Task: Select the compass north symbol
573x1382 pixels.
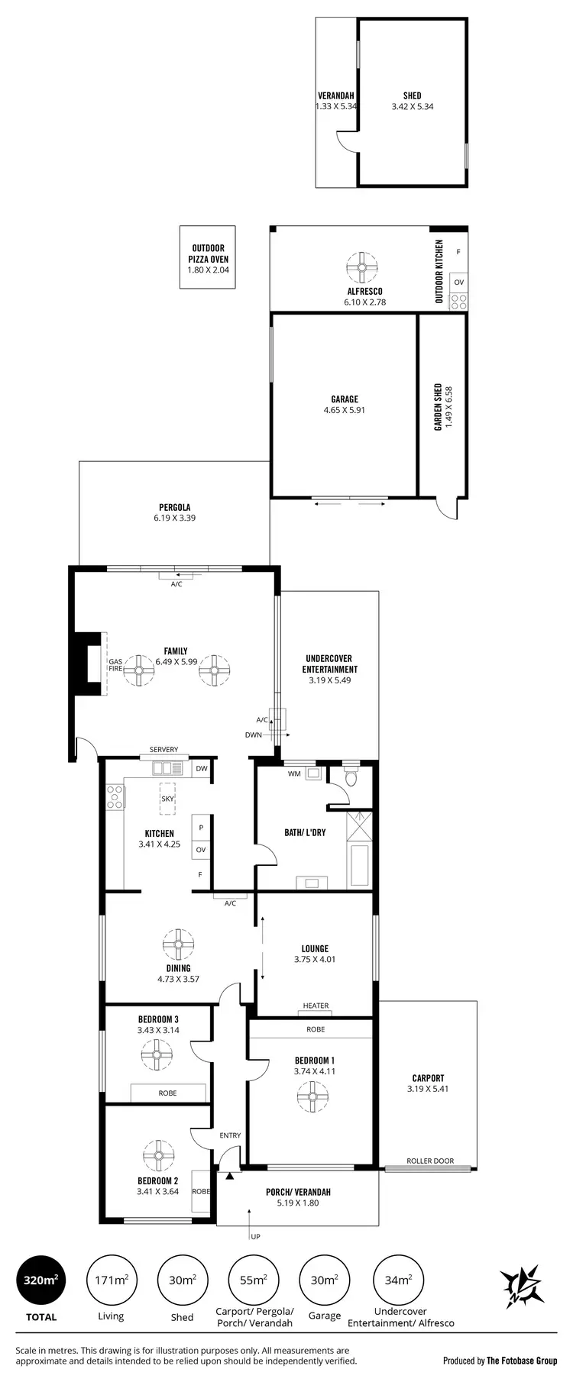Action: coord(522,1287)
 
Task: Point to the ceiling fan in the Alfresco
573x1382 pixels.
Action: coord(361,267)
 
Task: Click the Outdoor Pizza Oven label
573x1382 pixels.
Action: coord(208,258)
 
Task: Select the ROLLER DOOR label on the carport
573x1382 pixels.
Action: coord(430,1161)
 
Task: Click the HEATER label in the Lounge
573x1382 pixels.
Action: coord(316,1006)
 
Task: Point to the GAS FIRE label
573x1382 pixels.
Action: coord(115,664)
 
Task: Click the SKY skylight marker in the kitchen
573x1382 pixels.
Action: coord(167,799)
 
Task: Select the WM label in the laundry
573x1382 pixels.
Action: coord(293,773)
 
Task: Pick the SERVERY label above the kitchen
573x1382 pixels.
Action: coord(163,749)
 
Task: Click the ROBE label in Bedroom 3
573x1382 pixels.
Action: coord(167,1093)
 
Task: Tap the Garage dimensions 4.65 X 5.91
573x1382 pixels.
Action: coord(345,410)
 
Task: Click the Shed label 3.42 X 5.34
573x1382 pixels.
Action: coord(412,107)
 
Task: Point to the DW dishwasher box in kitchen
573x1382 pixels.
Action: coord(202,769)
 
